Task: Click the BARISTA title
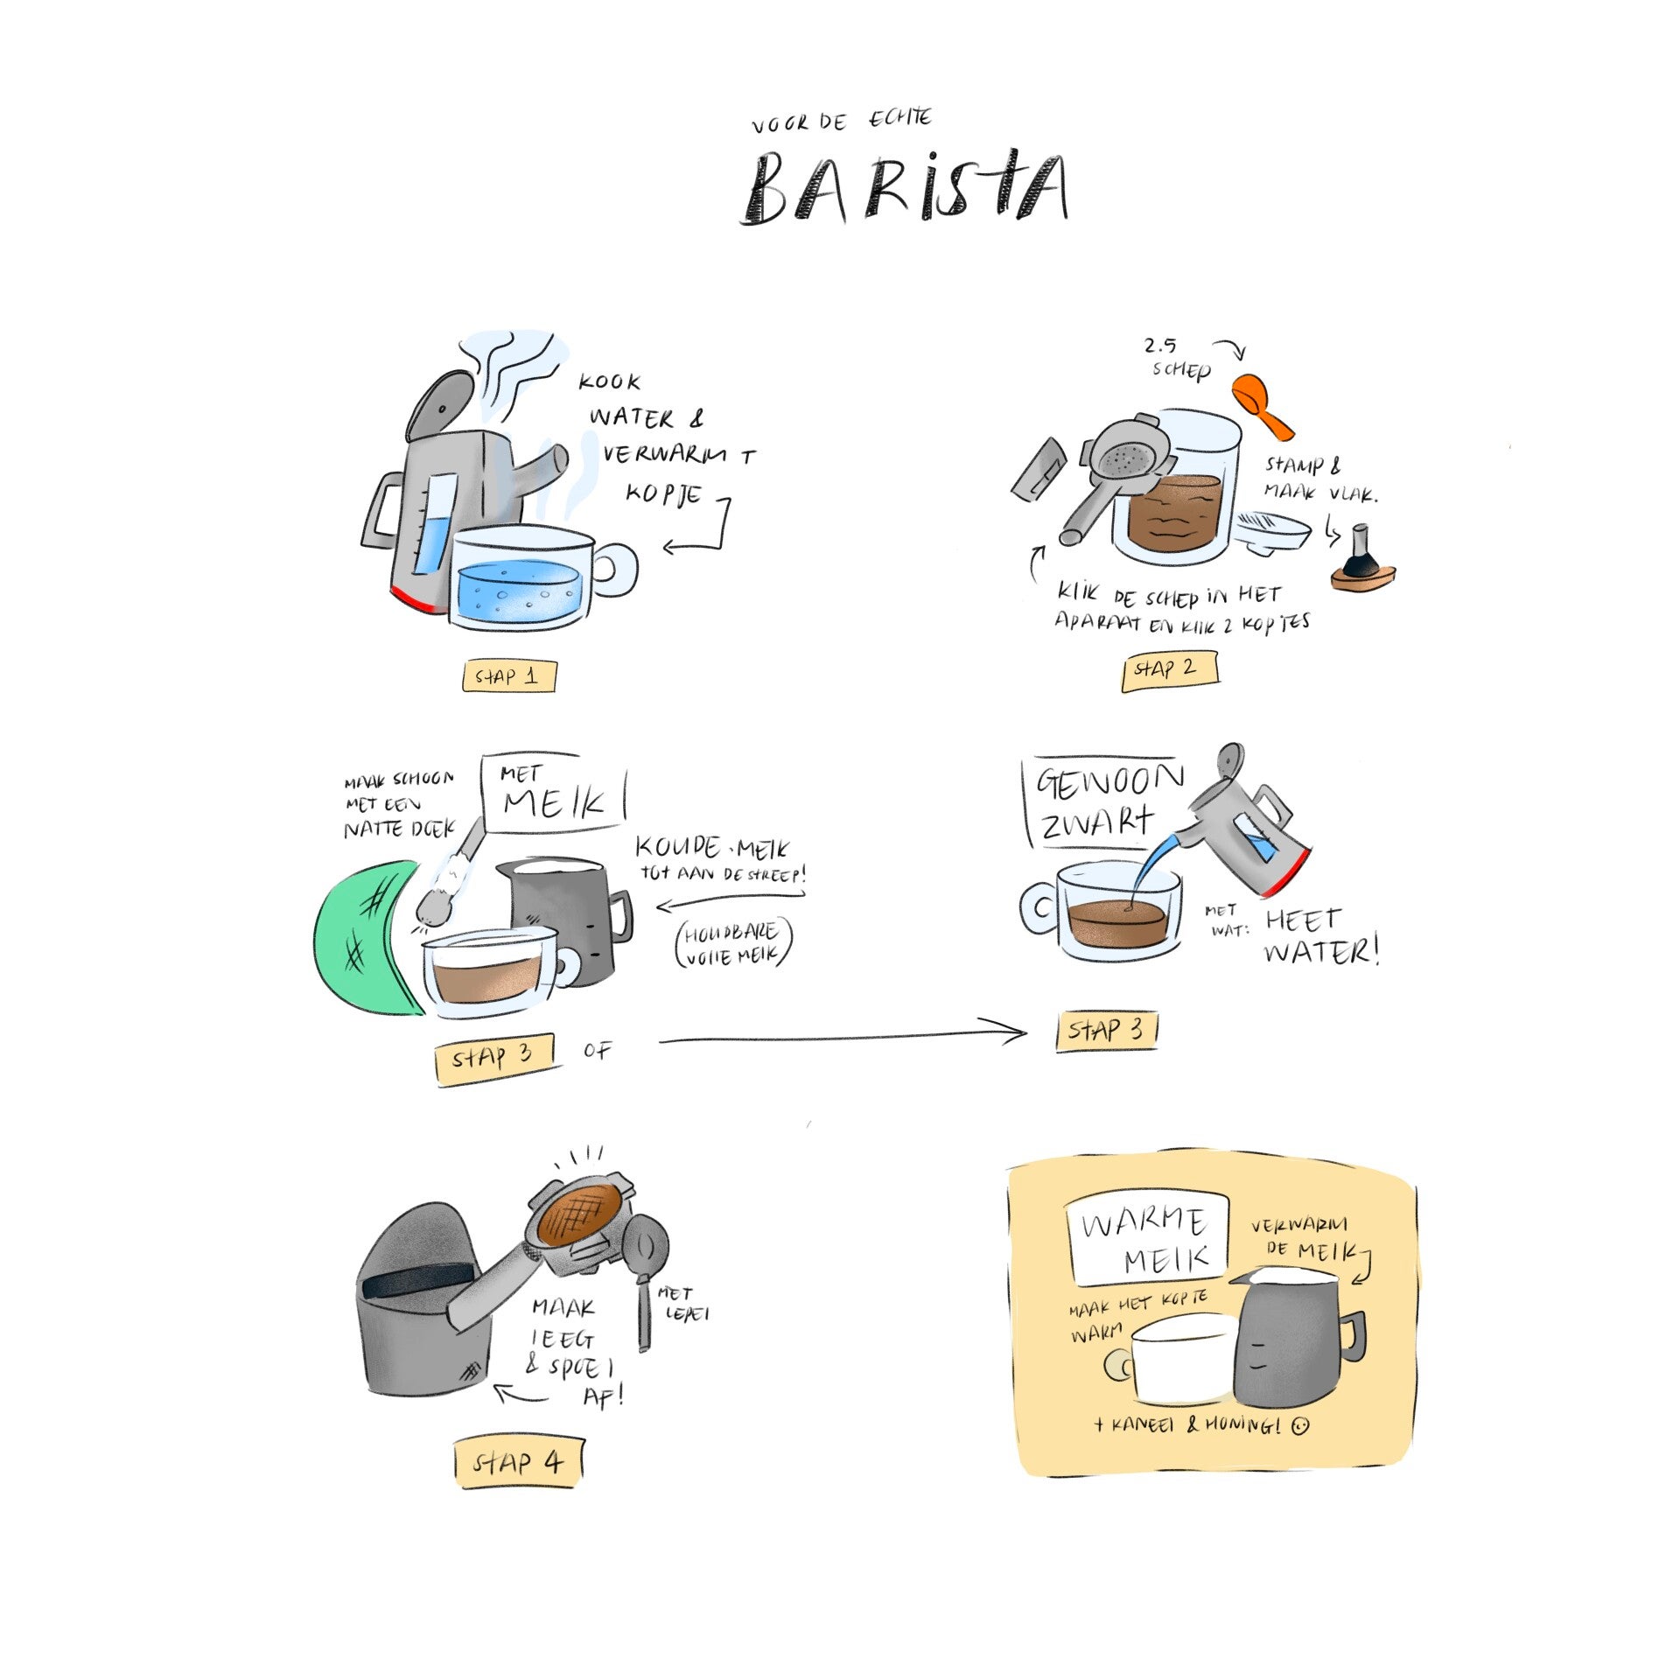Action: click(x=905, y=187)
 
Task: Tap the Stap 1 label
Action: click(x=508, y=675)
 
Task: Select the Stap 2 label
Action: click(x=1168, y=669)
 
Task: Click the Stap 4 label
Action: click(x=518, y=1462)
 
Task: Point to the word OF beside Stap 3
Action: click(x=598, y=1050)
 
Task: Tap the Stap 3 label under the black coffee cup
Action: click(x=1107, y=1030)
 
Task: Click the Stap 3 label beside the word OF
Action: click(x=494, y=1058)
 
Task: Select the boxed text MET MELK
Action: click(x=552, y=793)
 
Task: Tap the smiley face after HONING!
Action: click(x=1301, y=1425)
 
